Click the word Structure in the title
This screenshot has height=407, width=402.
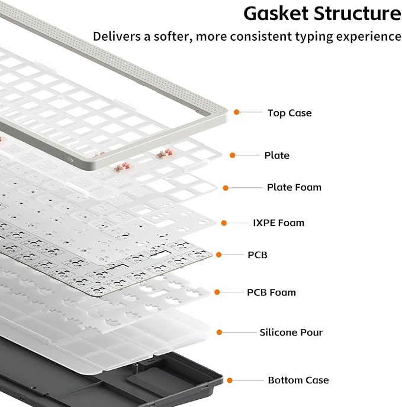pyautogui.click(x=357, y=14)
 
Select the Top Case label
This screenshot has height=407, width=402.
pyautogui.click(x=290, y=113)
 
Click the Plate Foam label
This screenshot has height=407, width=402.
pyautogui.click(x=294, y=187)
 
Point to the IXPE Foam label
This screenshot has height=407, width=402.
pyautogui.click(x=279, y=223)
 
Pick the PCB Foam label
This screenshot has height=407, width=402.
pyautogui.click(x=271, y=292)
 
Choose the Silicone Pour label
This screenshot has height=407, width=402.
pyautogui.click(x=291, y=332)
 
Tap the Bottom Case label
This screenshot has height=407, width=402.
pyautogui.click(x=298, y=380)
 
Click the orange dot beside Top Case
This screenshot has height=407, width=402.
pyautogui.click(x=236, y=112)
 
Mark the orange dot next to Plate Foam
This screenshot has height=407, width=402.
pyautogui.click(x=226, y=188)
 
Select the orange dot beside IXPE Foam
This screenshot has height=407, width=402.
pyautogui.click(x=224, y=223)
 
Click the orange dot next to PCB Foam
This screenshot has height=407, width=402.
pyautogui.click(x=217, y=292)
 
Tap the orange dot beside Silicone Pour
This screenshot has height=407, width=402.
pyautogui.click(x=219, y=332)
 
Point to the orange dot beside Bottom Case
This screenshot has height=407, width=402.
pyautogui.click(x=230, y=380)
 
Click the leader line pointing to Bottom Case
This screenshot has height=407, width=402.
pyautogui.click(x=248, y=380)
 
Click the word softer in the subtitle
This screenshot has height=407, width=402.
pyautogui.click(x=173, y=36)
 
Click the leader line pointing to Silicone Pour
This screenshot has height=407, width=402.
pyautogui.click(x=239, y=332)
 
